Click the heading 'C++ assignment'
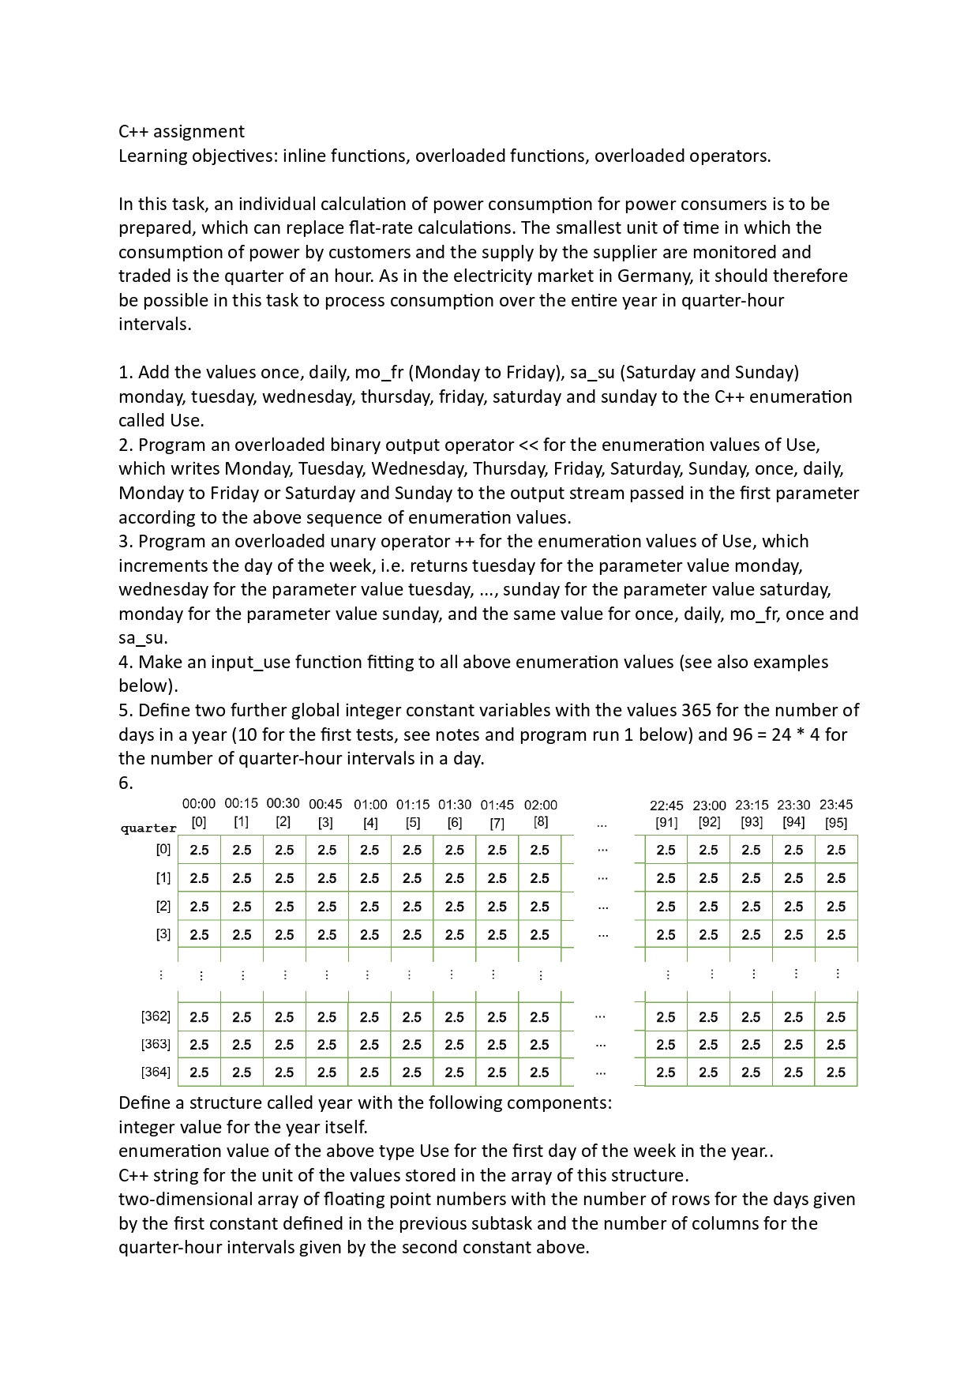click(x=182, y=131)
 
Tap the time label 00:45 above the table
click(x=325, y=804)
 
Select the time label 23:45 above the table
click(x=835, y=805)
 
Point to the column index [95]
click(x=835, y=823)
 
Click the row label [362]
click(x=156, y=1016)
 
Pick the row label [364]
click(x=156, y=1072)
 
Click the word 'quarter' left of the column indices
click(x=148, y=828)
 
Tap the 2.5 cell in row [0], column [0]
click(x=200, y=850)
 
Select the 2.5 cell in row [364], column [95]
click(x=835, y=1072)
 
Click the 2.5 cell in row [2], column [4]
click(x=369, y=907)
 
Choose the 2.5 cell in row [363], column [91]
click(x=666, y=1045)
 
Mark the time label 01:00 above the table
click(x=370, y=805)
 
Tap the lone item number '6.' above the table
click(x=126, y=783)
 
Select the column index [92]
click(x=709, y=823)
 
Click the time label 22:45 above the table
click(x=666, y=806)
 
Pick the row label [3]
click(x=163, y=933)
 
